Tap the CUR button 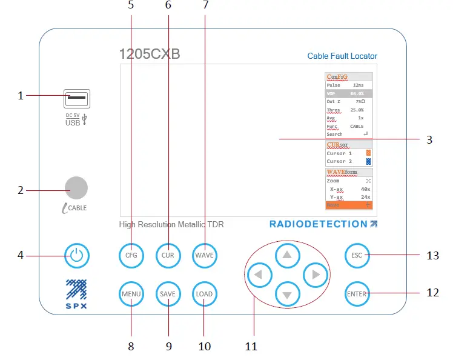pos(168,255)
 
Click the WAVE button pos(205,255)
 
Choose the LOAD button pos(204,294)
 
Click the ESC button pos(357,255)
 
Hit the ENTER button pos(357,294)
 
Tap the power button pos(76,255)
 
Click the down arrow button pos(288,295)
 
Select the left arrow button pos(260,275)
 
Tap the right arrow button pos(315,275)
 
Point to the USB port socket pos(77,97)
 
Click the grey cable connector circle pos(76,188)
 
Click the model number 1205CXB pos(150,54)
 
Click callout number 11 pos(251,347)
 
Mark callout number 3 pos(429,139)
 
